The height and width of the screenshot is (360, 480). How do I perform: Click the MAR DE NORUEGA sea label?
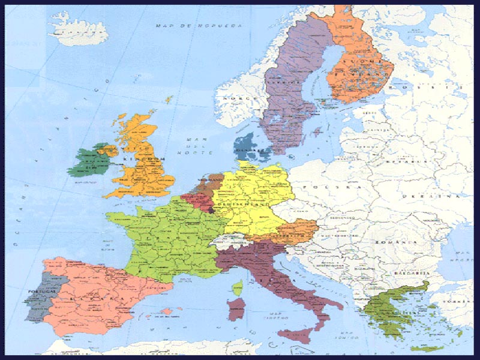pos(198,26)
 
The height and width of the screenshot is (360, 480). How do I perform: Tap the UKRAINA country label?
pos(434,196)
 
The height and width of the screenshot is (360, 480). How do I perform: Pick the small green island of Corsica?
pos(239,289)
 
